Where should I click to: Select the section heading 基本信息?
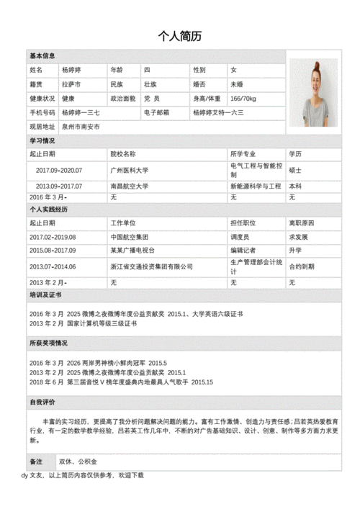coord(42,56)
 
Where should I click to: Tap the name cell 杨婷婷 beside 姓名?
coord(71,70)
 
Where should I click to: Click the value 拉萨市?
coord(71,84)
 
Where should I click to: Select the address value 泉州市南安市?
coord(81,127)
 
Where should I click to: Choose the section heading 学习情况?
coord(42,140)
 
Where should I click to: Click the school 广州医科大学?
coord(130,171)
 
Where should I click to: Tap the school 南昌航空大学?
coord(130,186)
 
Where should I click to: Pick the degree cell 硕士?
coord(295,171)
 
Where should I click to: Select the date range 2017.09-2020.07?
coord(59,171)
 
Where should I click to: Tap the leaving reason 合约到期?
coord(302,266)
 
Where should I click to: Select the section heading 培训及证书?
coord(45,295)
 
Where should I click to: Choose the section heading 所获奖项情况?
coord(49,343)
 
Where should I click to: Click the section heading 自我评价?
coord(42,402)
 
